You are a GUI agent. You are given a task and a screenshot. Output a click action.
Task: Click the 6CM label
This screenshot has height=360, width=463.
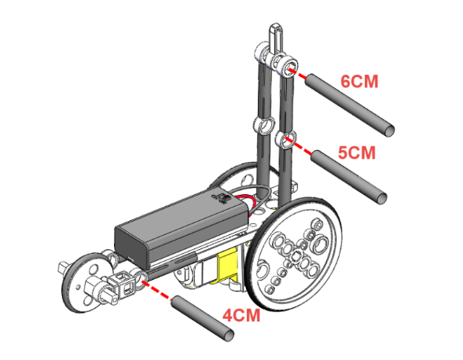pyautogui.click(x=359, y=82)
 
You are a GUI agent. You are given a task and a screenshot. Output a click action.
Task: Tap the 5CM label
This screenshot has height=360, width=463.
pyautogui.click(x=357, y=152)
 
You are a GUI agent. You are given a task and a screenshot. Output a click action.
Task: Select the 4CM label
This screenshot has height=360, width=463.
pyautogui.click(x=241, y=315)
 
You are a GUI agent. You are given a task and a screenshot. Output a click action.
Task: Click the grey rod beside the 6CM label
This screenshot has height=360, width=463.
pyautogui.click(x=350, y=105)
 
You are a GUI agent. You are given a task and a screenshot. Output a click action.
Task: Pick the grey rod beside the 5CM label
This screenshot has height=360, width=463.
pyautogui.click(x=349, y=177)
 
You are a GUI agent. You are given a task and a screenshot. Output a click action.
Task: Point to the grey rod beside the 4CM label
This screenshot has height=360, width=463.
pyautogui.click(x=203, y=318)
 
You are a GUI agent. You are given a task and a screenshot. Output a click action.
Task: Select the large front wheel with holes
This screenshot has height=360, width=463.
pyautogui.click(x=294, y=254)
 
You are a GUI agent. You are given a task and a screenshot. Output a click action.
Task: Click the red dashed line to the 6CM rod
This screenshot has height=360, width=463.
pyautogui.click(x=297, y=74)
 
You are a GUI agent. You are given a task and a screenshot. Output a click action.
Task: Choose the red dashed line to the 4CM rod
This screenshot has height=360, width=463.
pyautogui.click(x=156, y=290)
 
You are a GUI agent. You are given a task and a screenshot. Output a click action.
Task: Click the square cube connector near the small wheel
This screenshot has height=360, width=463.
pyautogui.click(x=123, y=284)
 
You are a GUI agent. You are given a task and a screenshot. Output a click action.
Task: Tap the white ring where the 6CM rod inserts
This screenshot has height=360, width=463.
pyautogui.click(x=288, y=66)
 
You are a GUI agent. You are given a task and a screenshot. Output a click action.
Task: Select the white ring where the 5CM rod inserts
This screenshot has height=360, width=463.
pyautogui.click(x=285, y=139)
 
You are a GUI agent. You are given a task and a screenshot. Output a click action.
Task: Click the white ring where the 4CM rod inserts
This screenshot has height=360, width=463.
pyautogui.click(x=140, y=277)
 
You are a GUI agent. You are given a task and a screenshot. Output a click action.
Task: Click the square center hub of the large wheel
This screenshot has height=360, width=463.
pyautogui.click(x=296, y=256)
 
